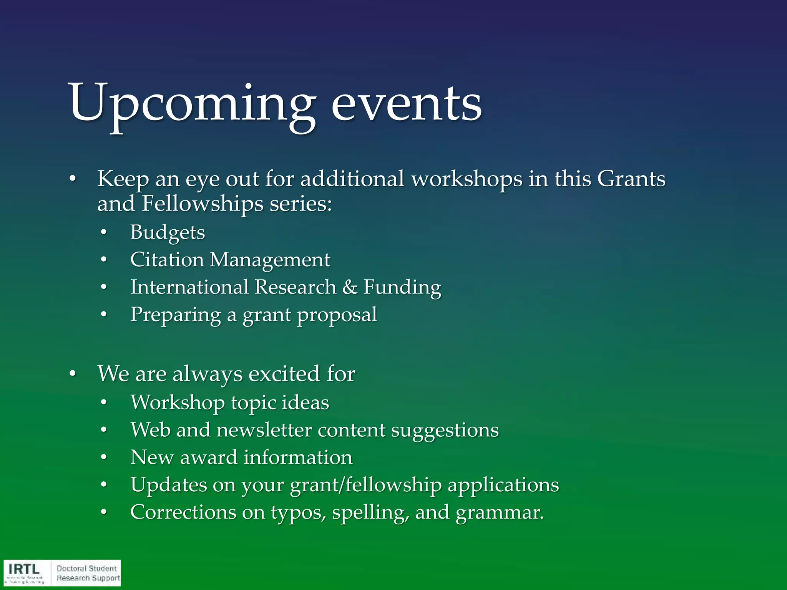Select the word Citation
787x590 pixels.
[167, 260]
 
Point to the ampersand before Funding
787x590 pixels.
[349, 287]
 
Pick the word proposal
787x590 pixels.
[337, 315]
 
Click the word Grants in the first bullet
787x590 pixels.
[631, 179]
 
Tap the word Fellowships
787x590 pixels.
[203, 204]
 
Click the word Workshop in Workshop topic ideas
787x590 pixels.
[178, 403]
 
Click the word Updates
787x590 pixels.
[168, 485]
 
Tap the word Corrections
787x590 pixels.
[183, 512]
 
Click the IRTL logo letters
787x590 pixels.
[24, 569]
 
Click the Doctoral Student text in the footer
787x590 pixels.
[86, 568]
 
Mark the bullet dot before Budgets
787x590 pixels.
[103, 233]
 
